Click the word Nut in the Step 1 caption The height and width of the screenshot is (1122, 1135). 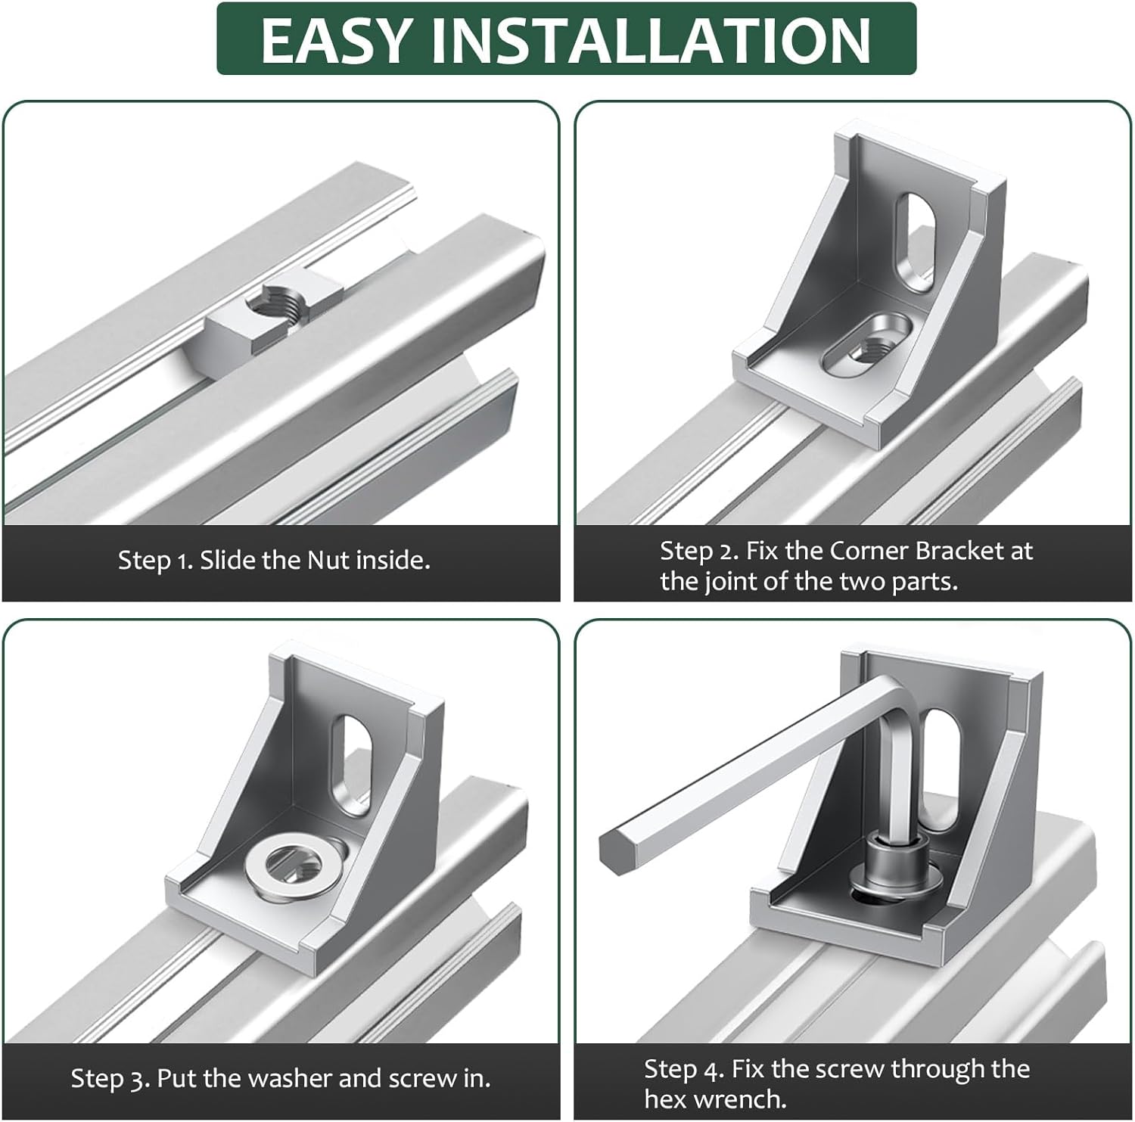coord(328,560)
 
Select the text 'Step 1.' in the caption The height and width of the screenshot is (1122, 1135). coord(155,561)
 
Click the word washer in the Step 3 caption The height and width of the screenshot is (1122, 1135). coord(292,1078)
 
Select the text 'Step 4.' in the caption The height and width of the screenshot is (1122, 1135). coord(683,1070)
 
